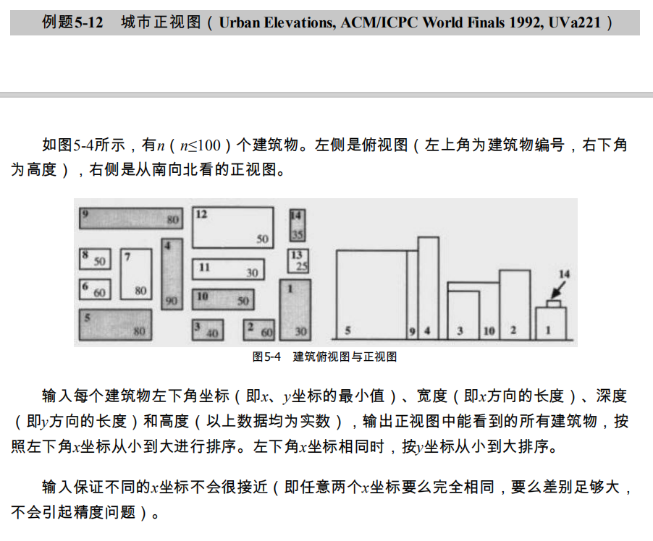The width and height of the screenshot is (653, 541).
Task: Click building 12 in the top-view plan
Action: tap(232, 227)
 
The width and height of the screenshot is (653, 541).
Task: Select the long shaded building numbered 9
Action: tap(130, 217)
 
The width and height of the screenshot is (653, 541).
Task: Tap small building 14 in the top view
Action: tap(296, 225)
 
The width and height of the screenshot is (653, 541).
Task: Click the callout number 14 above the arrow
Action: tap(564, 273)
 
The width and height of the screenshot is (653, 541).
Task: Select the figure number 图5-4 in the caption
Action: tap(266, 357)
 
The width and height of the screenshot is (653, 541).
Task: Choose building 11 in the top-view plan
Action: tap(227, 269)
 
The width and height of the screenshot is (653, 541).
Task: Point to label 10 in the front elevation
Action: tap(489, 331)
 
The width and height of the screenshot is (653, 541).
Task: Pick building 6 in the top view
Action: tap(94, 289)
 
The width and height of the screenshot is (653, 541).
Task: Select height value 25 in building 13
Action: tap(302, 266)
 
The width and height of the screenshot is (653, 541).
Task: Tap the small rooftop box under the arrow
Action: tap(554, 304)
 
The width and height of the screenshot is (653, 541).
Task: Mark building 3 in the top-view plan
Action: tap(207, 330)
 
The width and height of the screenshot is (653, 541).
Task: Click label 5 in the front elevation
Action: tap(348, 331)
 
